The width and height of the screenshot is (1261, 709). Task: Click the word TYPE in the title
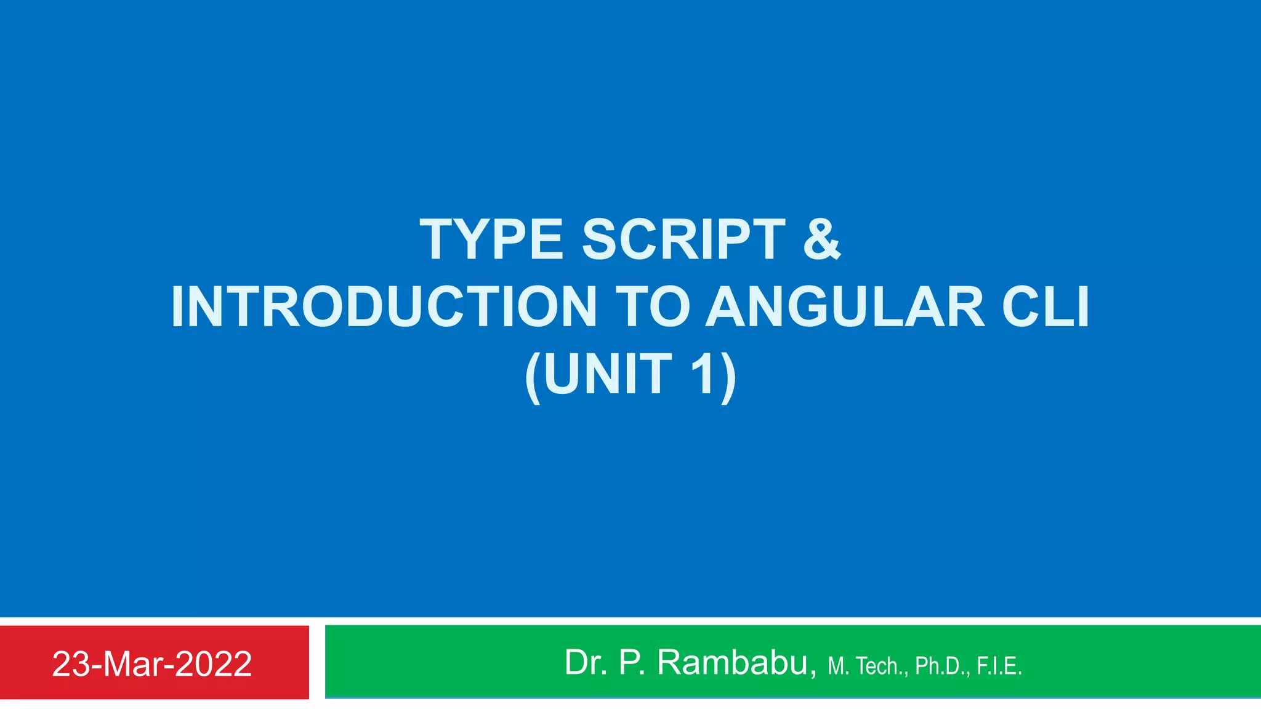(x=491, y=239)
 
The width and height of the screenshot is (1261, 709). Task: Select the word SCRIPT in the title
(x=683, y=239)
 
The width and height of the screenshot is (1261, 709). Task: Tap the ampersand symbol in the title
(x=822, y=239)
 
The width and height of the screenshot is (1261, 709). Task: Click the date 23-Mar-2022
(x=152, y=664)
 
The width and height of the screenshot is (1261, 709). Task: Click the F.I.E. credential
(x=999, y=666)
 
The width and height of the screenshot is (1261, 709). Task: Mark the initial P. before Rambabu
(x=632, y=663)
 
